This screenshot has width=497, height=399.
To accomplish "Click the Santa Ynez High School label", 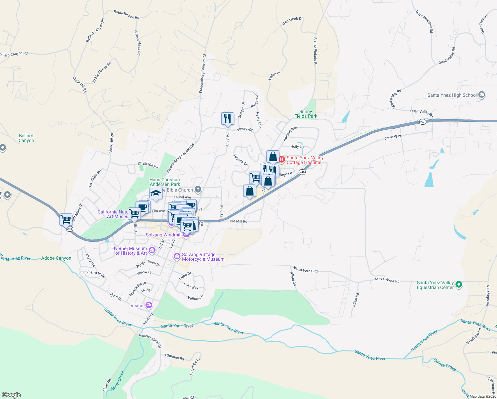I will [452, 95].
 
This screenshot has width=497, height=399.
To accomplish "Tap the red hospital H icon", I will [282, 160].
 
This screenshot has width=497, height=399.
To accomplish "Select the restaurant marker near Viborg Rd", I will [228, 119].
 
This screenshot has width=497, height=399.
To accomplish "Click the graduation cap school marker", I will [156, 194].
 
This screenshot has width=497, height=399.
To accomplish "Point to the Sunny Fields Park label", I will [306, 114].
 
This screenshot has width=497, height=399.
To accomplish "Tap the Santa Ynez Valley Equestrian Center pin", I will [459, 285].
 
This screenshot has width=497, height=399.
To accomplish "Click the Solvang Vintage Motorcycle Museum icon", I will [177, 256].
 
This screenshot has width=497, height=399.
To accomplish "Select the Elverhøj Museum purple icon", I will [152, 250].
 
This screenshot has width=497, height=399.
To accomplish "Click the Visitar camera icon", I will [149, 305].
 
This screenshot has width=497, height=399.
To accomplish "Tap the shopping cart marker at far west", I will [66, 220].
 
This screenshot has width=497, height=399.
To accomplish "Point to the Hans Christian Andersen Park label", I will [165, 182].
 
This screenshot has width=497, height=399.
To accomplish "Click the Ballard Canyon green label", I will [26, 138].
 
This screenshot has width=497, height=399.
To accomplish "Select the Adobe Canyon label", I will [56, 258].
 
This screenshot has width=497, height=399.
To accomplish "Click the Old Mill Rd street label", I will [239, 221].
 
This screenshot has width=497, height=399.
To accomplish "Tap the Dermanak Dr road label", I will [292, 21].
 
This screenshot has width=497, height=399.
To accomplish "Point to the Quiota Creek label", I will [445, 365].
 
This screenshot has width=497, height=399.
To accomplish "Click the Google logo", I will [11, 395].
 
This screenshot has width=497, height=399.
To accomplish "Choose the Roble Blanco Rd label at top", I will [126, 15].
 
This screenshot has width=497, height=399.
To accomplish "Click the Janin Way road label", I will [393, 137].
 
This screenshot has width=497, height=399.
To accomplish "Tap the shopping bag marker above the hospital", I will [273, 157].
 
